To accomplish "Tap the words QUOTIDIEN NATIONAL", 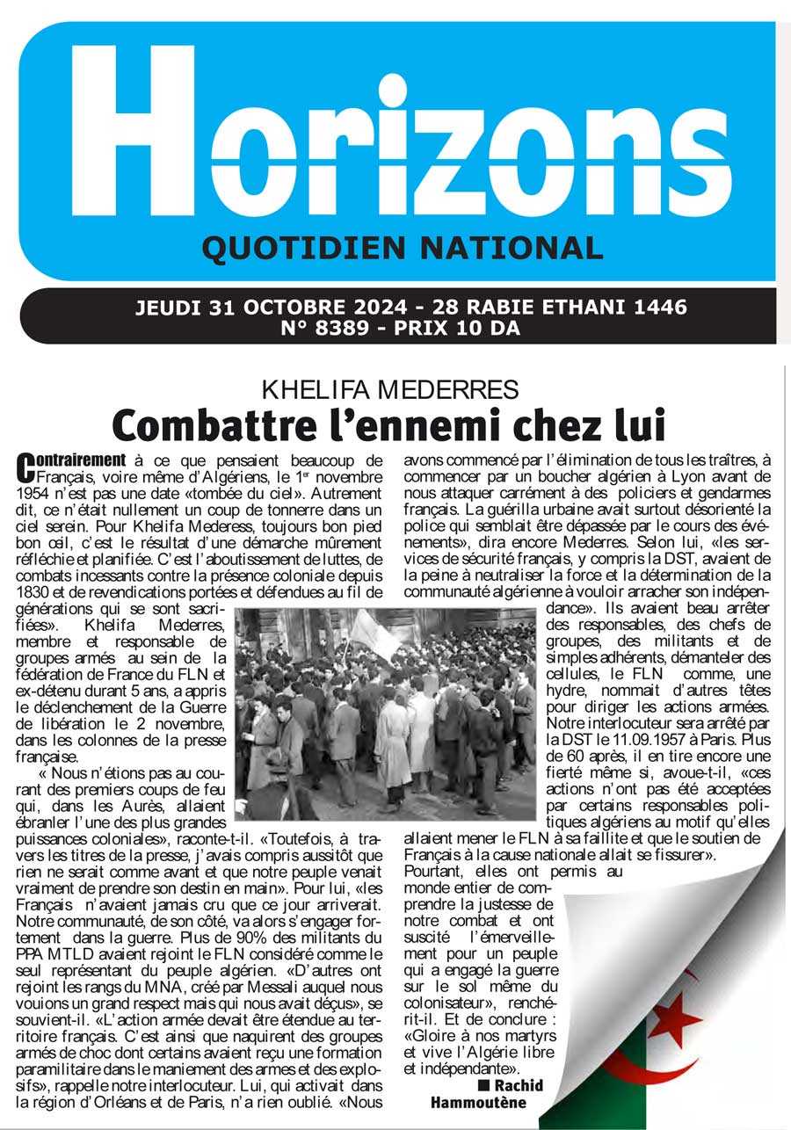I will click(x=403, y=250).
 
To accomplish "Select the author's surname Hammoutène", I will click(x=478, y=1103).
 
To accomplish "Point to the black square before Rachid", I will click(x=483, y=1085).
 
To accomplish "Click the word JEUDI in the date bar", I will click(x=169, y=308).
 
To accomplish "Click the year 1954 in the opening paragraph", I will click(x=37, y=492).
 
